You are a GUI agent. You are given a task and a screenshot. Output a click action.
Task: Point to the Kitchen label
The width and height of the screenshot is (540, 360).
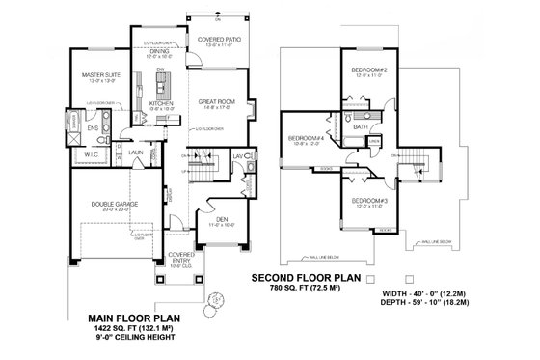pos(161,103)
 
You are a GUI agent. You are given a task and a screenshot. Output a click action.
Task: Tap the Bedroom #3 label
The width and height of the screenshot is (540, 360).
pos(368,200)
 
